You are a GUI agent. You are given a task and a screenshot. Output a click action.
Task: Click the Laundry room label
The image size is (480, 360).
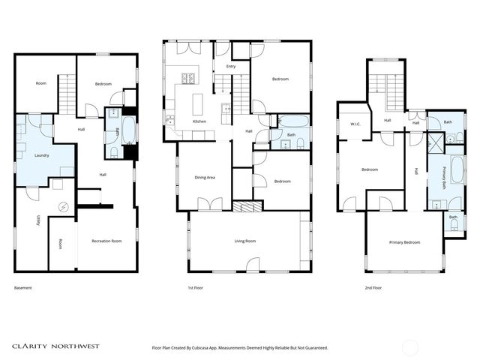tap(41, 155)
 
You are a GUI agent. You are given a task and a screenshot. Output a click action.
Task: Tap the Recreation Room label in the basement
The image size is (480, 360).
tap(106, 241)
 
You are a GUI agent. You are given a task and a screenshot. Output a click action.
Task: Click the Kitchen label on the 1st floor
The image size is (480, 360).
tap(199, 121)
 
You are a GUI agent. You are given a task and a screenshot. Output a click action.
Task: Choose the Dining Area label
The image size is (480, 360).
tap(205, 178)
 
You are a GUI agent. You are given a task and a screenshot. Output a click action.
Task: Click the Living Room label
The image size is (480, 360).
tap(245, 241)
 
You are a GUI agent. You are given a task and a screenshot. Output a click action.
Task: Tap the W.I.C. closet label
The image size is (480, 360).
tap(356, 125)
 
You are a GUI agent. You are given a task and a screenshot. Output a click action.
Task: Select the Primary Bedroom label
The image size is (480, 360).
tap(404, 242)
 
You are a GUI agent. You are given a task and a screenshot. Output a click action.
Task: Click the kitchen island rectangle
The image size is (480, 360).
tap(199, 102)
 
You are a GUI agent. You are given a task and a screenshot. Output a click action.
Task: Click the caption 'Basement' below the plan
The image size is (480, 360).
tap(23, 288)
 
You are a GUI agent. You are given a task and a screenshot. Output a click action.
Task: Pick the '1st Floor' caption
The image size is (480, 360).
tap(196, 288)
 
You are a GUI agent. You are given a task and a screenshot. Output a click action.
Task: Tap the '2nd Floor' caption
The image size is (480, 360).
tap(373, 288)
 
